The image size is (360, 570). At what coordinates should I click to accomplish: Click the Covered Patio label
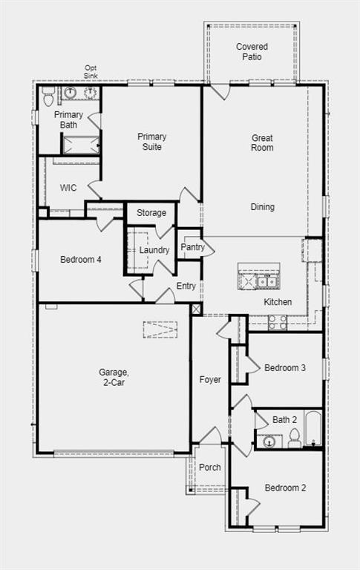tap(252, 52)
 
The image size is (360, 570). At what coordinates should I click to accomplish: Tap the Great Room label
tap(261, 142)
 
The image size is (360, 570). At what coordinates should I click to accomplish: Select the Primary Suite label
tap(151, 142)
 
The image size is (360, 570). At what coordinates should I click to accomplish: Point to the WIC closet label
tap(68, 188)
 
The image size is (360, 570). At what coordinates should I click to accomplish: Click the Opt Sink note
tap(90, 72)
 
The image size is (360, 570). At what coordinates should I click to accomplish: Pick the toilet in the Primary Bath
tap(49, 96)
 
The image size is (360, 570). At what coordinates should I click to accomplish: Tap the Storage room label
tap(151, 213)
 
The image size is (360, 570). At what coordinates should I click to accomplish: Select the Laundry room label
tap(154, 250)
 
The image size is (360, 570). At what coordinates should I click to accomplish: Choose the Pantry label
tap(192, 247)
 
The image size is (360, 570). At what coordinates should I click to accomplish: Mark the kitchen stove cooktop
tap(278, 321)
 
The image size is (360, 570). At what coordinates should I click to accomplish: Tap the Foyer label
tap(210, 379)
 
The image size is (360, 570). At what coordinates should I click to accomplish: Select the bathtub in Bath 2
tap(312, 429)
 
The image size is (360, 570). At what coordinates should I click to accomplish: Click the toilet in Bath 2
tap(294, 439)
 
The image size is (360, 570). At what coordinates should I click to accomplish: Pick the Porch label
tap(210, 468)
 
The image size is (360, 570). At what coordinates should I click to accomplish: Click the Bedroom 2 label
tap(285, 488)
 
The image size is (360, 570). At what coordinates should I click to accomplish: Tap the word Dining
tap(262, 207)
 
